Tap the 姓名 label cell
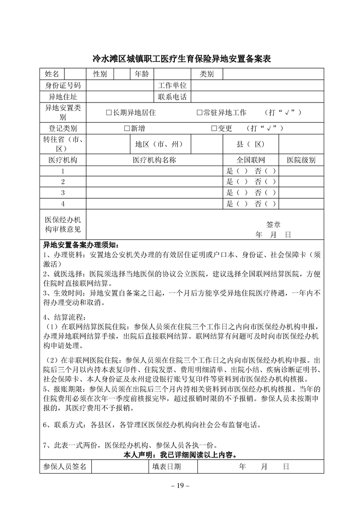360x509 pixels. point(52,74)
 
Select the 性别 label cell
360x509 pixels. point(100,74)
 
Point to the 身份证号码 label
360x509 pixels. point(62,85)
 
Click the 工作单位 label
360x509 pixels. point(172,85)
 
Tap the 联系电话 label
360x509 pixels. point(172,97)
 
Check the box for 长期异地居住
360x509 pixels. point(108,113)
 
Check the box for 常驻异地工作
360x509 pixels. point(199,113)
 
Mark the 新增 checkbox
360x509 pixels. point(127,128)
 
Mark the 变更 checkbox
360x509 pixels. point(214,128)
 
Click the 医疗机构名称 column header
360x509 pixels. point(154,160)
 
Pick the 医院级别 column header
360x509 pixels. point(301,160)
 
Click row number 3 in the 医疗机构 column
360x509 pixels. point(63,193)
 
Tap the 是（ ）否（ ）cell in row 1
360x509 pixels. point(251,171)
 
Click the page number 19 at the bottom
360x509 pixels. point(180,486)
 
